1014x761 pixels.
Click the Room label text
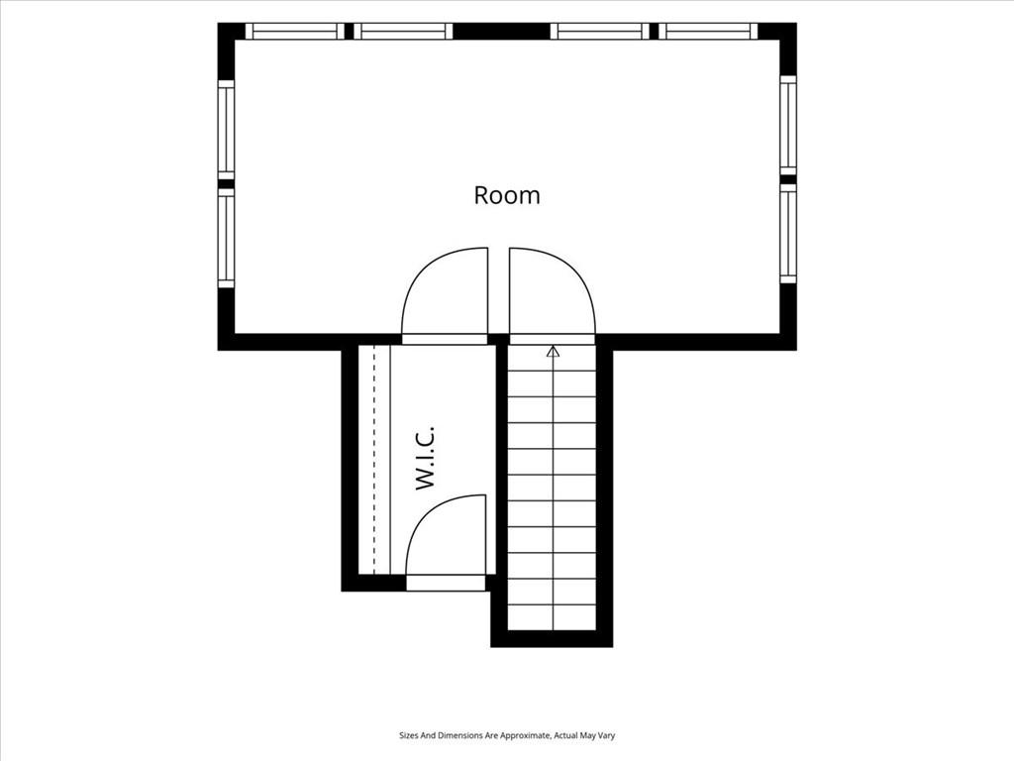point(507,195)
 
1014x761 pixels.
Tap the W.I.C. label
point(424,457)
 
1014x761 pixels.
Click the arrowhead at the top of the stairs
point(553,352)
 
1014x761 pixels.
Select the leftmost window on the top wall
point(295,31)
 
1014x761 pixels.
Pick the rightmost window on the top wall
point(707,31)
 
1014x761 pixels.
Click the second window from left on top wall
point(404,31)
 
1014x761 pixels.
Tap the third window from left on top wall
point(599,31)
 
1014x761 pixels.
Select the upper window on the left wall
point(226,130)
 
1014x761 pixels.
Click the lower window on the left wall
point(226,238)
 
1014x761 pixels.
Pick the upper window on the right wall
point(787,125)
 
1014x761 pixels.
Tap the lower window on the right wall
point(787,234)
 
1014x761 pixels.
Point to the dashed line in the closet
point(374,460)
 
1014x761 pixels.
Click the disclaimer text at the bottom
point(507,736)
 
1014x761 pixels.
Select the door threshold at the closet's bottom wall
point(446,583)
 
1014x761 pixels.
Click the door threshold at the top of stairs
point(552,340)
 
